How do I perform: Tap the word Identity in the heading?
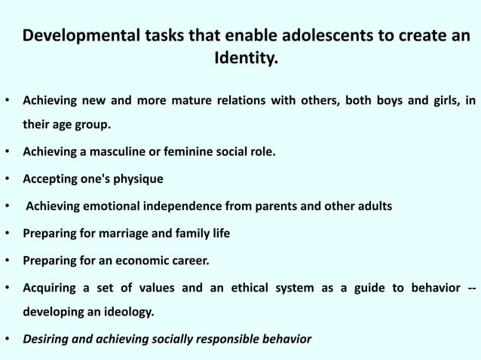click(244, 58)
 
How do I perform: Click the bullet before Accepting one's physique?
click(8, 178)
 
